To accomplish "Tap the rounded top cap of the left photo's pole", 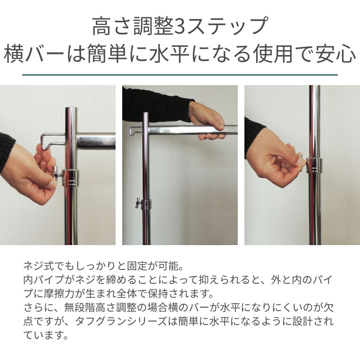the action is (x=71, y=109).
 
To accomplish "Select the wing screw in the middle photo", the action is (x=138, y=202).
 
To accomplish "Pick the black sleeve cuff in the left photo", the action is (x=7, y=152).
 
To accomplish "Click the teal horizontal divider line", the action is (x=180, y=75).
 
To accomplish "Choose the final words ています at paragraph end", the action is (x=46, y=335).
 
